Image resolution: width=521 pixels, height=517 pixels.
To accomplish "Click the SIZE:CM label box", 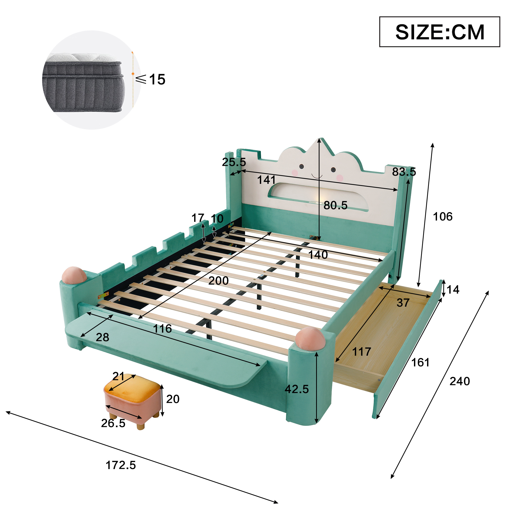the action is pos(440,32).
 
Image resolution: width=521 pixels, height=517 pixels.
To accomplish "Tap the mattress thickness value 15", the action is pos(157,79).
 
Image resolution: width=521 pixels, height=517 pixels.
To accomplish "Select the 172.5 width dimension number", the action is pos(121,465).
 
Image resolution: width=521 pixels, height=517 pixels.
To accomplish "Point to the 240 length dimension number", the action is pos(460,381).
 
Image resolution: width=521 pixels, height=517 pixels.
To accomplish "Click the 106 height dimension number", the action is pos(443,216).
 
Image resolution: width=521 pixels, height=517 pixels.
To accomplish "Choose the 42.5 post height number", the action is pos(297,389).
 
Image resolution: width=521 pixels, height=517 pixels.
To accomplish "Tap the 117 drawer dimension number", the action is pos(362,351).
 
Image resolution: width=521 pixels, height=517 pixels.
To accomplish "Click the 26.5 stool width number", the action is pos(113,423).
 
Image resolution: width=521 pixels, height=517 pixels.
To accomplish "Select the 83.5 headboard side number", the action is pos(404,172).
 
